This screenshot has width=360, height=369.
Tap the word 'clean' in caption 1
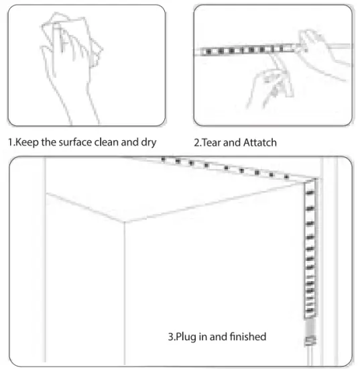(112, 142)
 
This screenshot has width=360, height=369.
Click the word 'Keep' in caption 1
(25, 142)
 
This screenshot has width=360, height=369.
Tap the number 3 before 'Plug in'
(170, 336)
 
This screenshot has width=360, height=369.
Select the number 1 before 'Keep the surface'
(9, 142)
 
